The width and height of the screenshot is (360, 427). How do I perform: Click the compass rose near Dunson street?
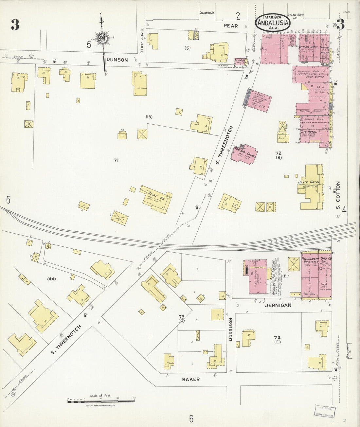[x=102, y=39]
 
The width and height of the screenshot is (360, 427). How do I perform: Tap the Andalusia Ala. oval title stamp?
[x=273, y=23]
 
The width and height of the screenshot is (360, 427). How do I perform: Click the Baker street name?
[x=190, y=379]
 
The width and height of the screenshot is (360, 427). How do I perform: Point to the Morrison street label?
[x=231, y=330]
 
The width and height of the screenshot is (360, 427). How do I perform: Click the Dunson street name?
[x=117, y=60]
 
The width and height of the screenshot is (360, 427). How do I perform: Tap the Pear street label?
[x=231, y=26]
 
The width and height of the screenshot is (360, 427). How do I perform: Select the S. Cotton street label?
[x=338, y=196]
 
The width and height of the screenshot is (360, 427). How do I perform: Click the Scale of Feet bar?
[x=101, y=401]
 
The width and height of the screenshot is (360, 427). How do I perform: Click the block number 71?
[x=116, y=160]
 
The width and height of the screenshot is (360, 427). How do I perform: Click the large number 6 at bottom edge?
[x=191, y=418]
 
